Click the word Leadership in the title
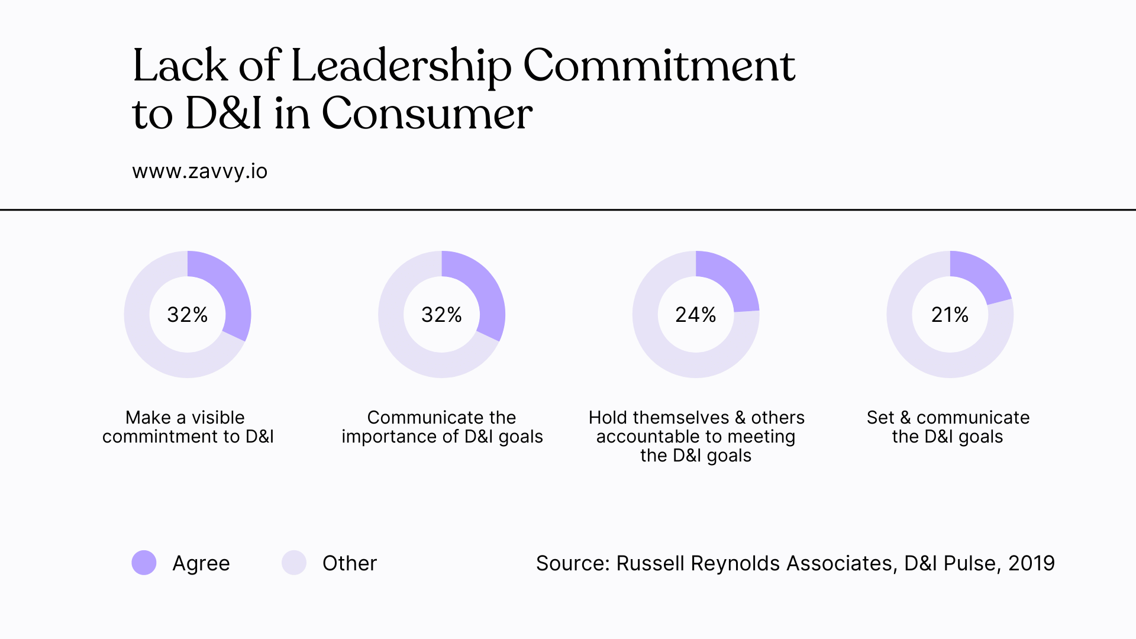click(x=401, y=66)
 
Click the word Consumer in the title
click(x=427, y=114)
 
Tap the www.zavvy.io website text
click(x=199, y=172)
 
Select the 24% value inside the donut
click(x=695, y=315)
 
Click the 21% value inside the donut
click(x=950, y=315)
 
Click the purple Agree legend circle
click(x=144, y=563)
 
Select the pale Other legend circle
click(x=293, y=563)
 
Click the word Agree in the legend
click(x=201, y=563)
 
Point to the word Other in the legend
click(x=349, y=563)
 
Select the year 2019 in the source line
click(x=1031, y=563)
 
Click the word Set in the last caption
click(x=880, y=418)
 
